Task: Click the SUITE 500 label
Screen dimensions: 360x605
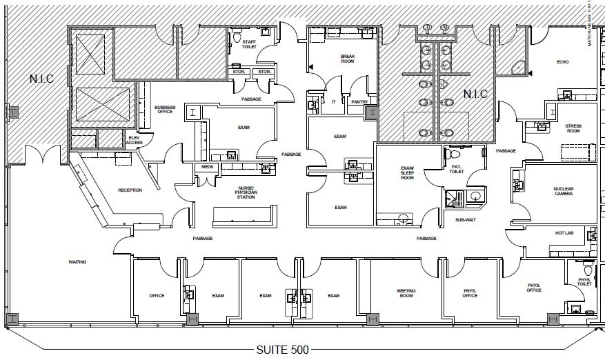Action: (x=282, y=349)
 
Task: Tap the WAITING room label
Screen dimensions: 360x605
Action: (x=77, y=261)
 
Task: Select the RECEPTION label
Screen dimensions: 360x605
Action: (x=130, y=190)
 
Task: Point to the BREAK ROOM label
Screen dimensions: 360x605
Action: (x=347, y=59)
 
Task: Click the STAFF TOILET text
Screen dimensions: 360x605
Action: (x=248, y=46)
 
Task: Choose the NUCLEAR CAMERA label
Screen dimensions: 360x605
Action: (x=563, y=192)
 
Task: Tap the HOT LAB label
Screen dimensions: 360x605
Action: (x=564, y=233)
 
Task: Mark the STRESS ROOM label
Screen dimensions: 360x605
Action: (x=573, y=129)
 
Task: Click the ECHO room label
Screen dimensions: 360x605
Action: (x=562, y=62)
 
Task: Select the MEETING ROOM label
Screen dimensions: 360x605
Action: (x=406, y=293)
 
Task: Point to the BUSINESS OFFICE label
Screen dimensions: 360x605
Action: (x=165, y=110)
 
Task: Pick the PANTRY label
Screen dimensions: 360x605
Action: (x=359, y=102)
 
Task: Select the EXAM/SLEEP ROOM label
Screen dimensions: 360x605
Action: (x=407, y=173)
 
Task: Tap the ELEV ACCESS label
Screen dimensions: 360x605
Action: (x=135, y=140)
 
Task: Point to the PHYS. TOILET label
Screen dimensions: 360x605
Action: (x=584, y=281)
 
